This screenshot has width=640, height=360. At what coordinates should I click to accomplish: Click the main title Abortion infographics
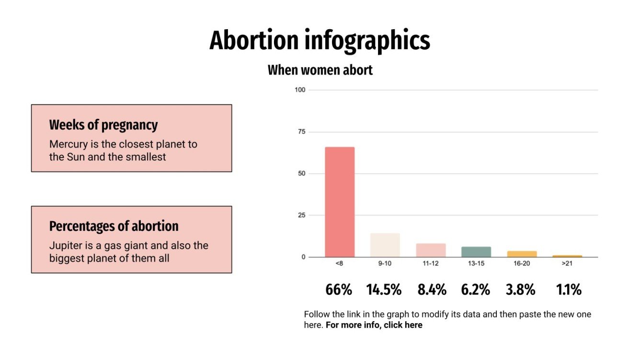coord(320,40)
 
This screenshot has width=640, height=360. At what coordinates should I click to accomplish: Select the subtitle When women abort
coord(320,70)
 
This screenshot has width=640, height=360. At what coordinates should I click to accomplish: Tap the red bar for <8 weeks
coord(340,202)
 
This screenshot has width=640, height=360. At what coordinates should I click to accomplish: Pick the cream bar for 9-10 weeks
coord(385,245)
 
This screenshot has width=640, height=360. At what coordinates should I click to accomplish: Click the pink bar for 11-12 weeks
coord(431,250)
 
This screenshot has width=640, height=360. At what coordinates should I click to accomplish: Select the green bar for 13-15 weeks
coord(476,252)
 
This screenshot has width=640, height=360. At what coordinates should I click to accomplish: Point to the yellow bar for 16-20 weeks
coord(522,254)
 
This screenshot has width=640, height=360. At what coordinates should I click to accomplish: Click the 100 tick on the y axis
coord(300,90)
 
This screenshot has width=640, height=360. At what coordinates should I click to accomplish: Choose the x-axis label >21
coord(568,264)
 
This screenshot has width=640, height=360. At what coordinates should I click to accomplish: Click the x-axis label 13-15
coord(476,264)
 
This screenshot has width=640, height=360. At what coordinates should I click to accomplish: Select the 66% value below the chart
coord(339,290)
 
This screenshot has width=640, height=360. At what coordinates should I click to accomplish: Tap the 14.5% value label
coord(384,290)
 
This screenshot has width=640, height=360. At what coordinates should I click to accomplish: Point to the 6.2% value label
coord(475,290)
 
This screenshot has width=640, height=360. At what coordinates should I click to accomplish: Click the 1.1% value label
coord(569,290)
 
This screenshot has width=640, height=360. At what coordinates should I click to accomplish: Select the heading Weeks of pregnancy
coord(103,125)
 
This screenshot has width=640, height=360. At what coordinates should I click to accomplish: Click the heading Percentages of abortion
coord(114,226)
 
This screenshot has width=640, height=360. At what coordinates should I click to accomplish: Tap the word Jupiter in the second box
coord(64,246)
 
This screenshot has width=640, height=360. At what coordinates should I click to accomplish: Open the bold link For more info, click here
coord(374,325)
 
